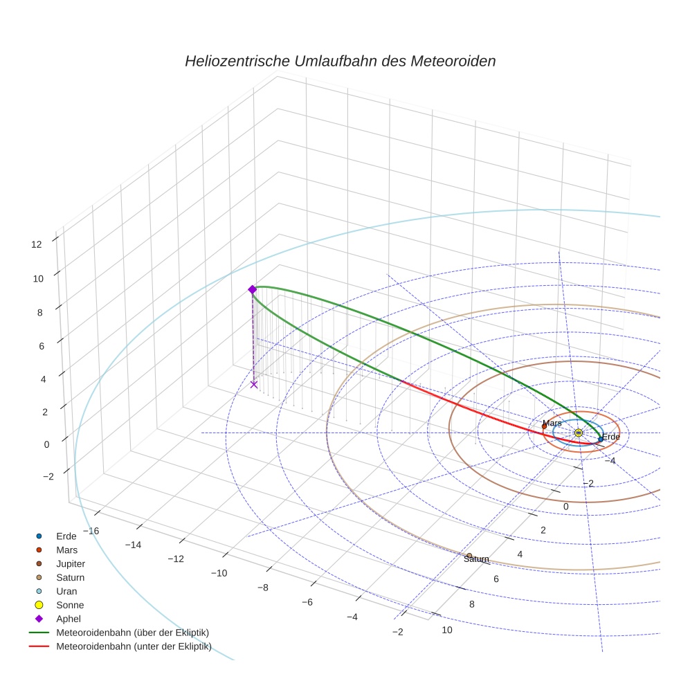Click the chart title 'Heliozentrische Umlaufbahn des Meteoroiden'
(x=340, y=61)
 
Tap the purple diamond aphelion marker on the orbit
(x=252, y=289)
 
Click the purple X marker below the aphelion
(x=254, y=384)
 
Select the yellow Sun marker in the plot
(x=578, y=433)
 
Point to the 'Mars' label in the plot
(x=552, y=423)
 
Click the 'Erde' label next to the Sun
(x=610, y=437)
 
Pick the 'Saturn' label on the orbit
(x=476, y=559)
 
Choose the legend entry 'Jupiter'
(x=71, y=563)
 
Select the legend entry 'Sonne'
(x=70, y=605)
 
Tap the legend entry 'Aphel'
(x=68, y=619)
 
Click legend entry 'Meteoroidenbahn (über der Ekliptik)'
(x=132, y=633)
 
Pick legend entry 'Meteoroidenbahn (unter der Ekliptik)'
(x=134, y=646)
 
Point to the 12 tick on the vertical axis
(x=37, y=244)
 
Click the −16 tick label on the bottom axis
(x=90, y=530)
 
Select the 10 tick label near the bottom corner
(x=447, y=629)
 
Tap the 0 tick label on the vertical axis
(x=46, y=444)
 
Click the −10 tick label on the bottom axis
(x=219, y=573)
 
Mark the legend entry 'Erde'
(x=66, y=536)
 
